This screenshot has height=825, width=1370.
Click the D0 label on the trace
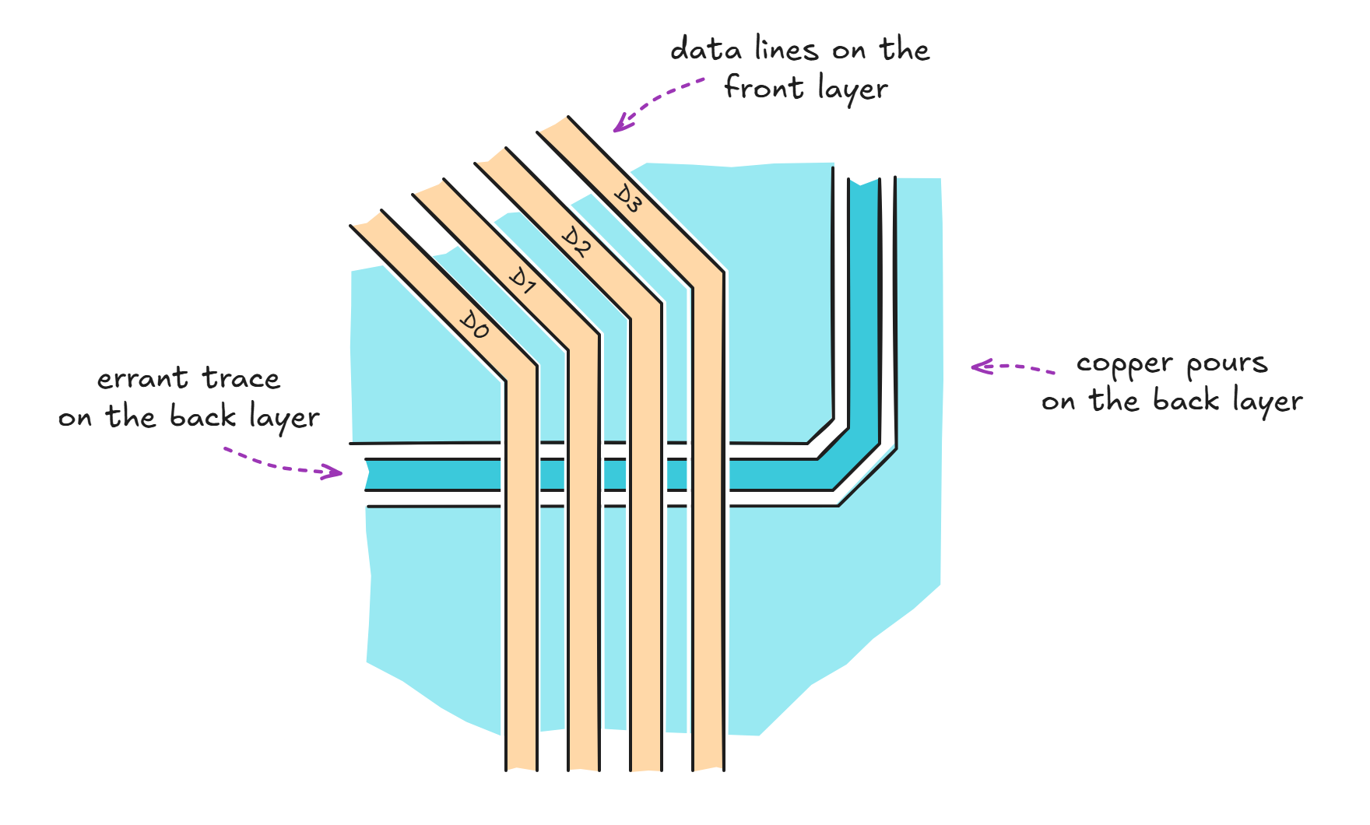(x=474, y=325)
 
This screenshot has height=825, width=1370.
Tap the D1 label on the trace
(x=522, y=281)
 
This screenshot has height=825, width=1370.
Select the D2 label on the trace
(x=576, y=241)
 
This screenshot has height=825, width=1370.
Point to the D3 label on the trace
(x=627, y=198)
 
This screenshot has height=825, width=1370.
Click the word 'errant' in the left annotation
(x=142, y=379)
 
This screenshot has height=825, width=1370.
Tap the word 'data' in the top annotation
(x=705, y=50)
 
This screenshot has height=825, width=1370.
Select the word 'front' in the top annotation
(x=764, y=87)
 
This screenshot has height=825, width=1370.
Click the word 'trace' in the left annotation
(x=241, y=379)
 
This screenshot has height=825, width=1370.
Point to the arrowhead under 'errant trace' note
(x=335, y=472)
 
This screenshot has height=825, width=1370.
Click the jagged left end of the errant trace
(x=368, y=475)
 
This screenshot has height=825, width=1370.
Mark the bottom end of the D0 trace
(x=522, y=767)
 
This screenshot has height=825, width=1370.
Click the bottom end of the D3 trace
(x=708, y=767)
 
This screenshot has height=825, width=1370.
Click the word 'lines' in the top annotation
(x=786, y=50)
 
